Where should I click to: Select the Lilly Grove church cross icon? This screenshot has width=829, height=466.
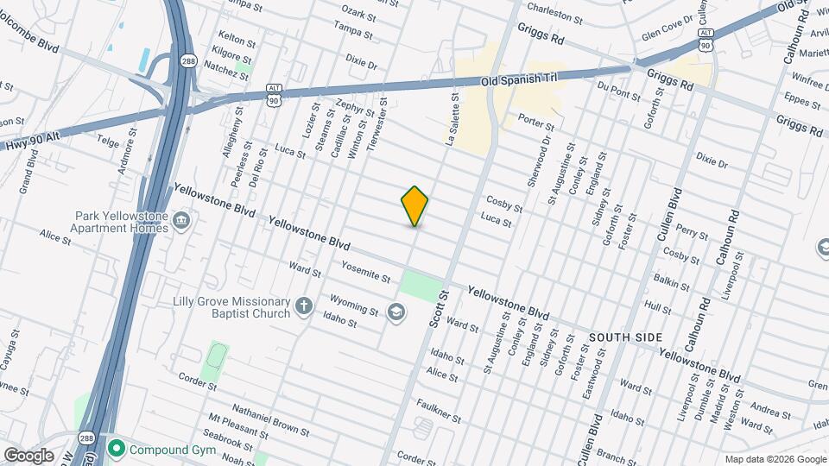(303, 306)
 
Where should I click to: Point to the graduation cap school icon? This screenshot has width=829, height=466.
(396, 312)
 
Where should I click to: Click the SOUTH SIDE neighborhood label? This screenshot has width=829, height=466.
(625, 337)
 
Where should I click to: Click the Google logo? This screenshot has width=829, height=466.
(28, 455)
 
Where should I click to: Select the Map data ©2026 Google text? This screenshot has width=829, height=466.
(775, 459)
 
